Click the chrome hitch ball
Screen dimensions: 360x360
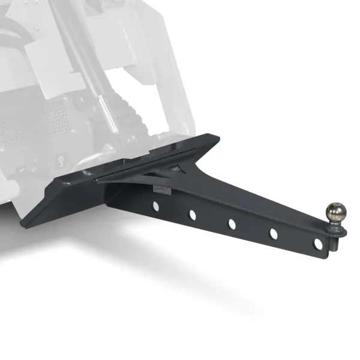(x=335, y=212)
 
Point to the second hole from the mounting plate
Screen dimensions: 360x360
(x=193, y=214)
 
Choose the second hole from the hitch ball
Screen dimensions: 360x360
(x=274, y=234)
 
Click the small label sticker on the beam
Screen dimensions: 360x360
(x=160, y=190)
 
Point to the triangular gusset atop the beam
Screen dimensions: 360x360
(x=153, y=174)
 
